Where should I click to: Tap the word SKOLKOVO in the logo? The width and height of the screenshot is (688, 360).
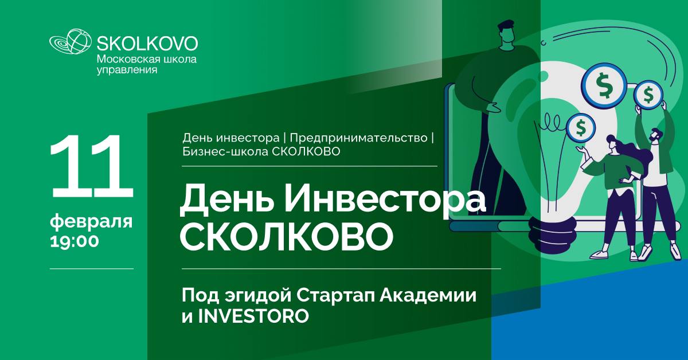click(x=147, y=44)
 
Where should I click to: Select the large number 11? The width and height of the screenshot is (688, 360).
click(x=92, y=166)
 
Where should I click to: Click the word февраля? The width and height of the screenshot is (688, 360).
click(x=91, y=222)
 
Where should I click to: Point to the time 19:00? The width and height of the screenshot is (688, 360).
click(x=75, y=241)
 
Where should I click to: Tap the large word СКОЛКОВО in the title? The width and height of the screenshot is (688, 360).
click(x=286, y=237)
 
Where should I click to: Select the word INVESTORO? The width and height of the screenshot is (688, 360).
click(x=253, y=316)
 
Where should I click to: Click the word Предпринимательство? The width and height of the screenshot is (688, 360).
click(x=358, y=138)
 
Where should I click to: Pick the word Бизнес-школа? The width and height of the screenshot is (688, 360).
click(x=225, y=151)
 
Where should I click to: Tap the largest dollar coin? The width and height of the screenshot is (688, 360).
click(x=604, y=85)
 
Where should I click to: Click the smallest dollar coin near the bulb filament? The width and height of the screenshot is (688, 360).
click(x=580, y=128)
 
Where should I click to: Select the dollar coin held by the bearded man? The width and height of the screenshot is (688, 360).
click(x=648, y=95)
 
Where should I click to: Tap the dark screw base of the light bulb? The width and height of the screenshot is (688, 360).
click(x=552, y=235)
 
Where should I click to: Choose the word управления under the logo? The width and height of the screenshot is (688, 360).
click(x=127, y=70)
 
